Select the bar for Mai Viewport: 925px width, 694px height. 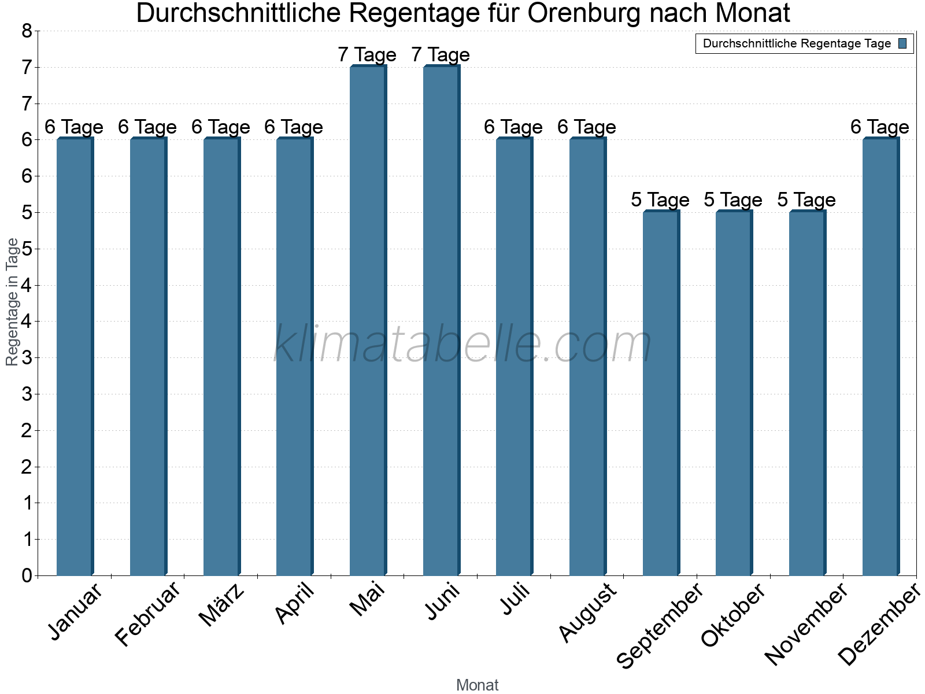click(367, 321)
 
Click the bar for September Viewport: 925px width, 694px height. click(660, 393)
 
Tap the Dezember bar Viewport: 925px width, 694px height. click(880, 357)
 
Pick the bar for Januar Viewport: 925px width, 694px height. click(74, 357)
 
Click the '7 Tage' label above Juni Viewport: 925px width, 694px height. click(441, 55)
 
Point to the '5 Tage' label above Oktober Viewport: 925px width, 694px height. click(733, 200)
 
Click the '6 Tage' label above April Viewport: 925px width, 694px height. click(294, 127)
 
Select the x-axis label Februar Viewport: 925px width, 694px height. click(148, 614)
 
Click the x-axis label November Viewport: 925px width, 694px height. click(806, 623)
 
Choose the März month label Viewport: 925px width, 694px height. click(222, 605)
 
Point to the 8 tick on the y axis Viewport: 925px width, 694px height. click(27, 31)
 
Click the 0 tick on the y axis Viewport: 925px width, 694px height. click(27, 575)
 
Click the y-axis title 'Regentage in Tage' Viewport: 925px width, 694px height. click(13, 302)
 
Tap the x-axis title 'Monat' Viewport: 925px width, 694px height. click(477, 685)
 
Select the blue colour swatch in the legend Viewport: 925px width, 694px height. click(902, 43)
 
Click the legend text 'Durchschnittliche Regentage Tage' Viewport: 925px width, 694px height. click(797, 43)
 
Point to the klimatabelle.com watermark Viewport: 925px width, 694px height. click(462, 344)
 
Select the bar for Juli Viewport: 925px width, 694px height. click(513, 357)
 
